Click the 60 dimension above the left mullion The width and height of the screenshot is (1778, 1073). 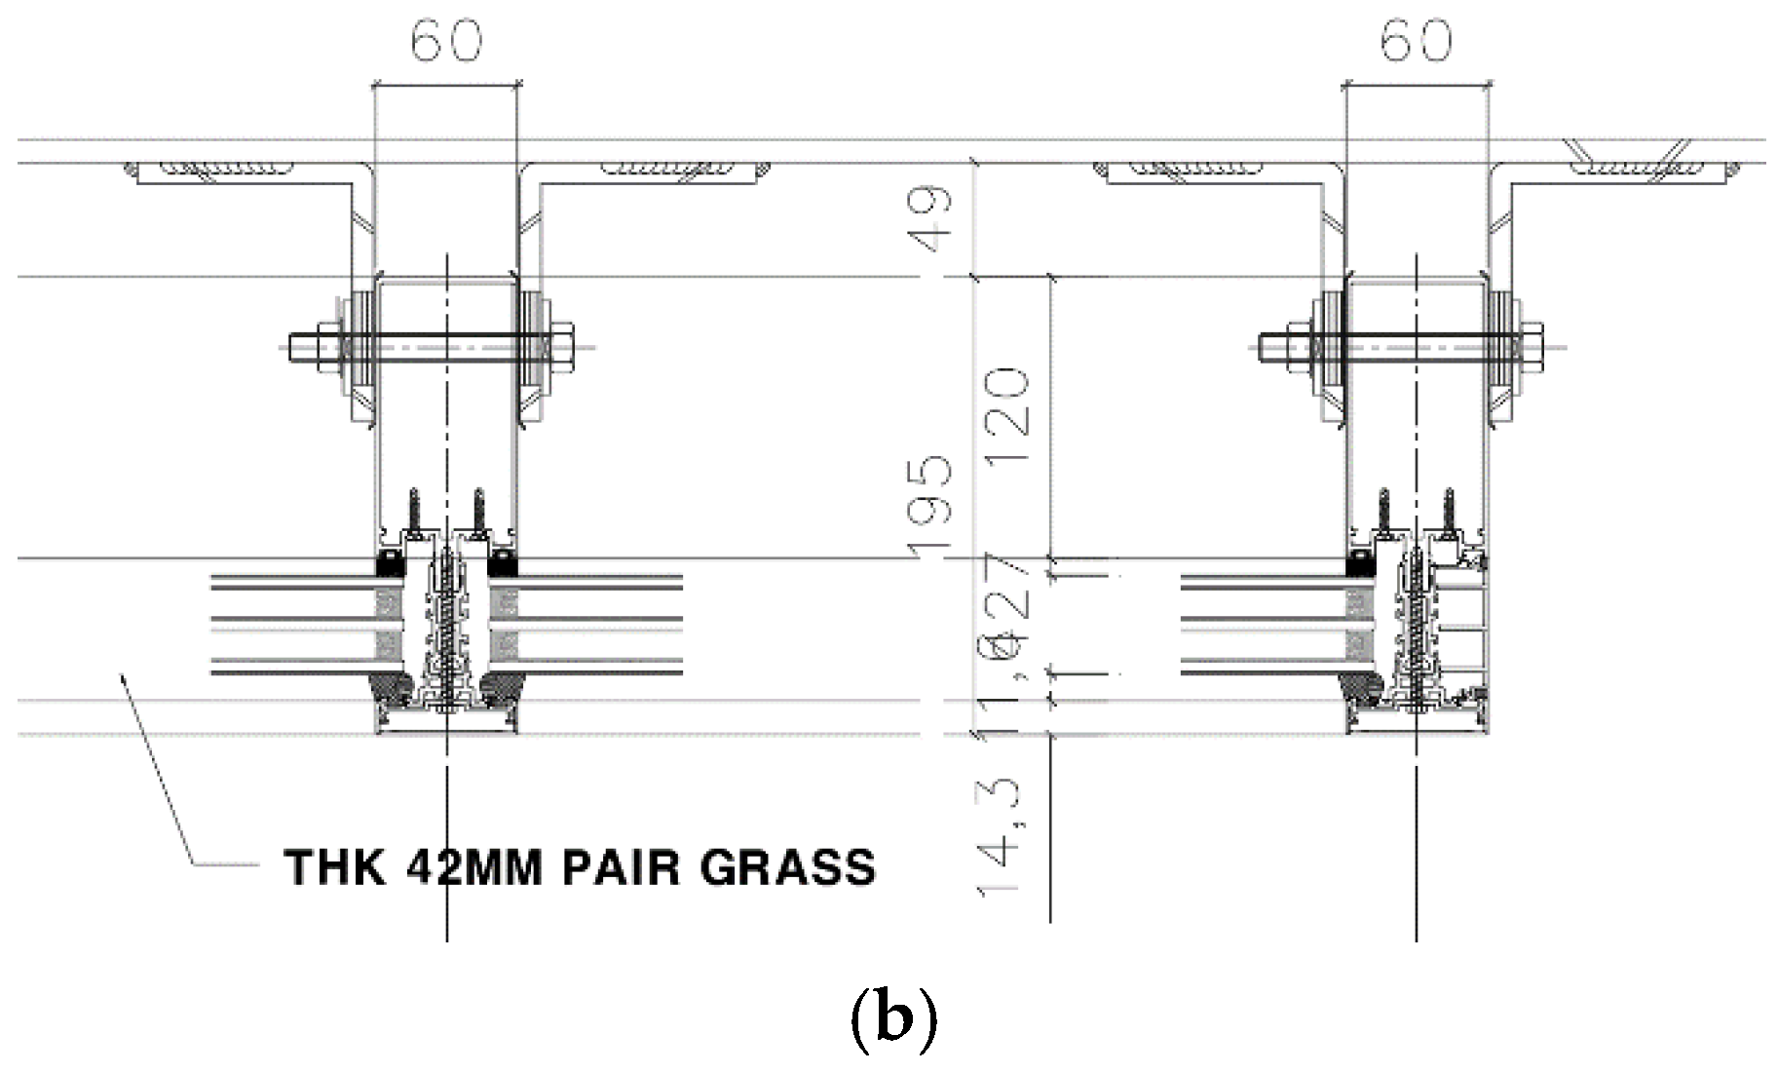[x=446, y=42]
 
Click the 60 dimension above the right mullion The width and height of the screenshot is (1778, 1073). [x=1416, y=42]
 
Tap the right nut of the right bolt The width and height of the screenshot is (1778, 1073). [x=1534, y=344]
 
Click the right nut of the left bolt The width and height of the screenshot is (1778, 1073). [x=564, y=344]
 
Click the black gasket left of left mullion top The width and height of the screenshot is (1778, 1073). [x=390, y=563]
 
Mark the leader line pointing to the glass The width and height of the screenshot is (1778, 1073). [x=156, y=770]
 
